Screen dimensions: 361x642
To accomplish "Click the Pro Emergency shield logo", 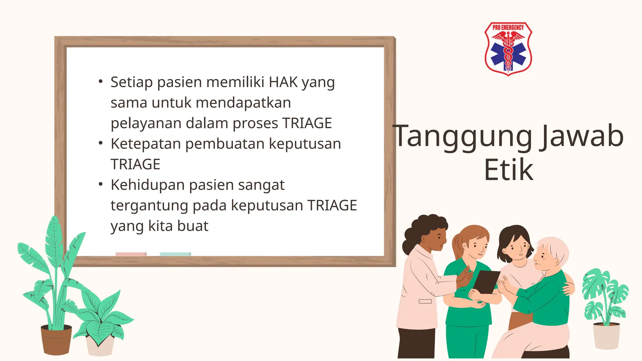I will coord(508,49).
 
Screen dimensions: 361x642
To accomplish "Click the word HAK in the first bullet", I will coord(283,82).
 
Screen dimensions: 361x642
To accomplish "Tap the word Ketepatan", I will coord(146,144).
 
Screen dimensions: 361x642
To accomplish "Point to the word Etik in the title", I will coord(508,170).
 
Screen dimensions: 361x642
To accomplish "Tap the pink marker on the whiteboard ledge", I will coord(131,254).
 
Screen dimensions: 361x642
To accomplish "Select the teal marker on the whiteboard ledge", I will coord(175,254).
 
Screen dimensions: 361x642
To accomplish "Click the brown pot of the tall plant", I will coord(56,340).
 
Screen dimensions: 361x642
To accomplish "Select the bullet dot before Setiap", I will coord(100,81).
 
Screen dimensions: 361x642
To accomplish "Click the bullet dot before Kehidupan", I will coord(100,184).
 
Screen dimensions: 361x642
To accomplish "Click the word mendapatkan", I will coord(243,103).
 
